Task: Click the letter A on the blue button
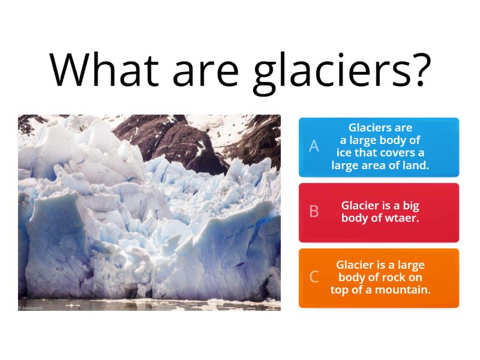pyautogui.click(x=314, y=146)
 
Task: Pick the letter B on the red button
pyautogui.click(x=314, y=212)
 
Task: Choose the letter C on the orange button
pyautogui.click(x=314, y=277)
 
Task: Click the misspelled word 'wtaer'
pyautogui.click(x=404, y=218)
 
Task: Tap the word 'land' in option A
pyautogui.click(x=416, y=166)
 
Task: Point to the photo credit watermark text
pyautogui.click(x=31, y=307)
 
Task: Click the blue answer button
pyautogui.click(x=379, y=147)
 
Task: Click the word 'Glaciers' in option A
pyautogui.click(x=366, y=127)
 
